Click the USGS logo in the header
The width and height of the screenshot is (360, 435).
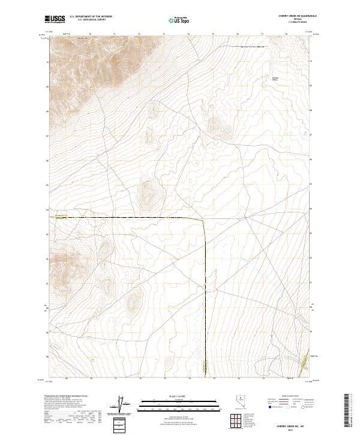click(x=55, y=20)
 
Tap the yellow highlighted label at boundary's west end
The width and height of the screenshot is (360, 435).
click(x=63, y=215)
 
